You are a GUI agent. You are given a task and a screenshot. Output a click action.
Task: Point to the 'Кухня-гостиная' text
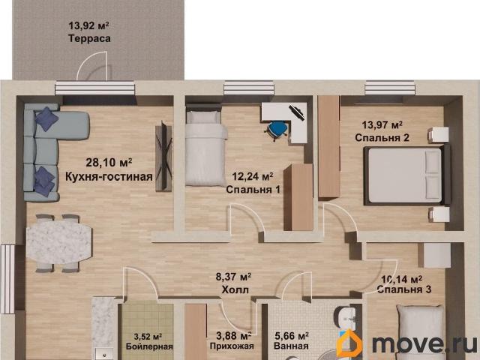coord(109,177)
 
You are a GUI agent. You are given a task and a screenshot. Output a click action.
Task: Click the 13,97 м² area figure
coord(382,124)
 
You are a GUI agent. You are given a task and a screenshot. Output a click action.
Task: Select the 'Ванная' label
coord(292,346)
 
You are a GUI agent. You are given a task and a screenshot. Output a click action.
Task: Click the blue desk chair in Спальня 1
coord(277,130)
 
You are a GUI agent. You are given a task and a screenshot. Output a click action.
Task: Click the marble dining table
coord(59,242)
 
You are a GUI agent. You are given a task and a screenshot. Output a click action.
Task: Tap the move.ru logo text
coord(423,344)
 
